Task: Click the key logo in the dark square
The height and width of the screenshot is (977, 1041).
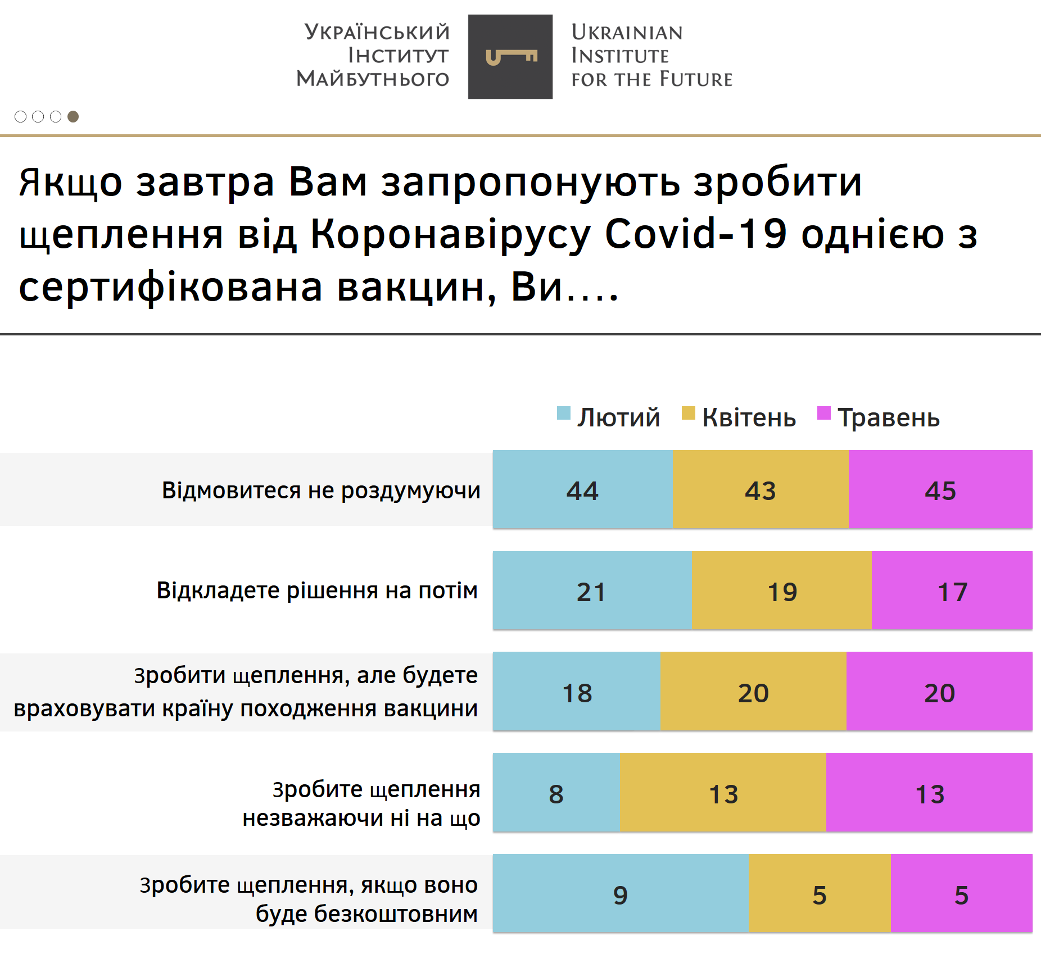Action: coord(510,57)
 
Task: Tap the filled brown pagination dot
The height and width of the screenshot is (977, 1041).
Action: coord(73,116)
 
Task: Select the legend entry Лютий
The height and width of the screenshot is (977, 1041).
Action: coord(609,417)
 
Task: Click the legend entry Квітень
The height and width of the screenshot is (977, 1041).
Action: coord(739,417)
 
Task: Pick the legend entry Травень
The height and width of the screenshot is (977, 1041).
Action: coord(879,417)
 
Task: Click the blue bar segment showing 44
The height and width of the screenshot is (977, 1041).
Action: coord(583,490)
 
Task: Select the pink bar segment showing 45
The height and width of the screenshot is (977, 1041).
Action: coord(940,490)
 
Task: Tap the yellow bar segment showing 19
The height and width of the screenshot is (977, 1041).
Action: coord(782,591)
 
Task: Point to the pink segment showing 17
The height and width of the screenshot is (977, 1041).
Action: coord(952,591)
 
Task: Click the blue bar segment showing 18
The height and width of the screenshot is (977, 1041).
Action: coord(577,692)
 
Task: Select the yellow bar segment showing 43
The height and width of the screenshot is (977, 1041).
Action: coord(761,490)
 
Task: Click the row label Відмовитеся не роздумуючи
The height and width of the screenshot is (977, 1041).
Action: coord(321,490)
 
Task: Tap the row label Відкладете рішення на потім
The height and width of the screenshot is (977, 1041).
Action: coord(317,590)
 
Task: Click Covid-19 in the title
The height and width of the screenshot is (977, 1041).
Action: coord(695,234)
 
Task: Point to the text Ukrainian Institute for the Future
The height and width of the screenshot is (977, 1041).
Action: coord(651,56)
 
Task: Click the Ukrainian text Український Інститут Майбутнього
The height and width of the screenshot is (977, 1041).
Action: coord(373,56)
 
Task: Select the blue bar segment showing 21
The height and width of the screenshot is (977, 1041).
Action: coord(592,591)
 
